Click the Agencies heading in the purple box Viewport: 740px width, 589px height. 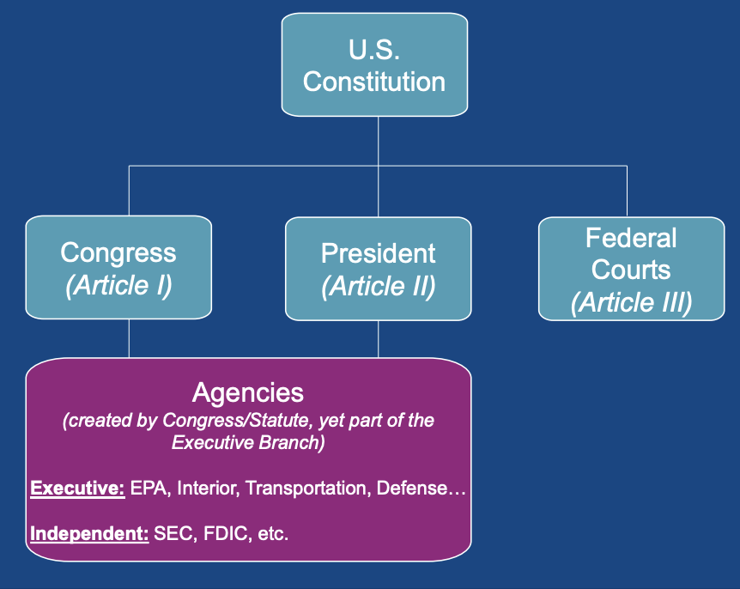coord(248,392)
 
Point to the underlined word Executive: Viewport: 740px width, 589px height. coord(78,489)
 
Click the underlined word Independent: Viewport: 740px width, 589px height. coord(89,533)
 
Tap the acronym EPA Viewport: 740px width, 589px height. coord(149,489)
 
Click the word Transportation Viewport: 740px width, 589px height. coord(306,489)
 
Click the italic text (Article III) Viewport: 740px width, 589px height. coord(632,303)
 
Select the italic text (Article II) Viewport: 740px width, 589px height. coord(378,286)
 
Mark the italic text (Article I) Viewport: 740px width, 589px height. coord(118,286)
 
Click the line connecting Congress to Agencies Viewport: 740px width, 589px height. coord(129,338)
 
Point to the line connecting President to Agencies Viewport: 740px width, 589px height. coord(379,340)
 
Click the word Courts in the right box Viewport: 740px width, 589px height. coord(632,270)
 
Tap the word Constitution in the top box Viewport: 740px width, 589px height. coord(374,82)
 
